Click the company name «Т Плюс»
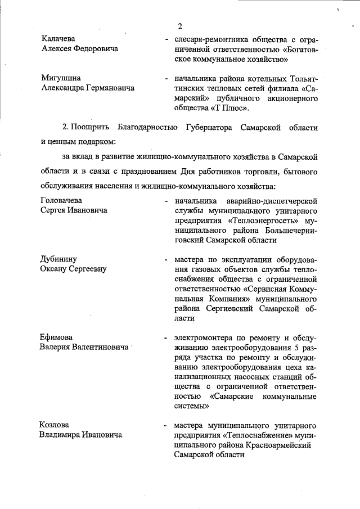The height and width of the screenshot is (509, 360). (228, 107)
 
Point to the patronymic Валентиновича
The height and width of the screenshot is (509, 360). (101, 348)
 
